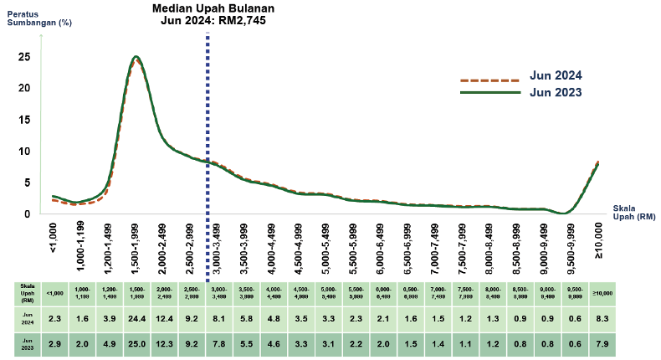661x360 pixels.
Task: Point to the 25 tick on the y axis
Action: click(25, 57)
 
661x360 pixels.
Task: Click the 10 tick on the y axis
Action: click(25, 152)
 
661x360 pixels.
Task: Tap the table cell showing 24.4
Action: click(135, 318)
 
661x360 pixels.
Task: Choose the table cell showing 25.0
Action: click(135, 344)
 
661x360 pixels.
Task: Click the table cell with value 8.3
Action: click(598, 318)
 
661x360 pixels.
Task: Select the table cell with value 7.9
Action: click(598, 344)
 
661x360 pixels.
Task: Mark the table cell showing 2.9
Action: click(54, 344)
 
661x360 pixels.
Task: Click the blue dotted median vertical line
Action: click(207, 126)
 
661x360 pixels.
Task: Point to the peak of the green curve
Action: click(135, 57)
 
